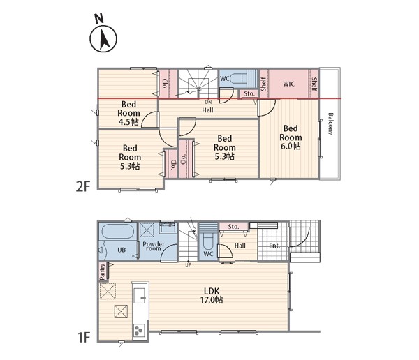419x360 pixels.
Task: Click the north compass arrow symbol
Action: (x=103, y=39)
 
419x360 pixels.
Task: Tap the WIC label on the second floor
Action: (x=288, y=84)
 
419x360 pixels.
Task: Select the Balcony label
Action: (x=330, y=123)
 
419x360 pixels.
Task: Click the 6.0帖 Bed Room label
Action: (x=291, y=137)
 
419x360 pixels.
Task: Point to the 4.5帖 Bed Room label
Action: (x=128, y=113)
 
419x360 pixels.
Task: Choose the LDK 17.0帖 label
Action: (x=212, y=295)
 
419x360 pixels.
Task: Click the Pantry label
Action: (x=103, y=271)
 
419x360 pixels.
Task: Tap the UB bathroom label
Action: (x=122, y=250)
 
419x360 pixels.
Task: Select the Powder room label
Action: (x=154, y=246)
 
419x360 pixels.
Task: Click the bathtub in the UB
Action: (x=118, y=232)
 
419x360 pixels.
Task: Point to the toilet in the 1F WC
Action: (x=208, y=243)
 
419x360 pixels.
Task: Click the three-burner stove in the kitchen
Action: (x=139, y=331)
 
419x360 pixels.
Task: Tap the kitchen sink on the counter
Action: (x=139, y=295)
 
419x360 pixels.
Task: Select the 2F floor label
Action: (x=83, y=186)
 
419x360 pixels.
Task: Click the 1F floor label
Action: (x=84, y=337)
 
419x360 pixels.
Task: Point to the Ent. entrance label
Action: (x=274, y=246)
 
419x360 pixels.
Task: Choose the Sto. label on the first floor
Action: (x=233, y=227)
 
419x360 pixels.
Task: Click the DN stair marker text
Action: (x=208, y=102)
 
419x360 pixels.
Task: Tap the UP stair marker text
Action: (x=189, y=265)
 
